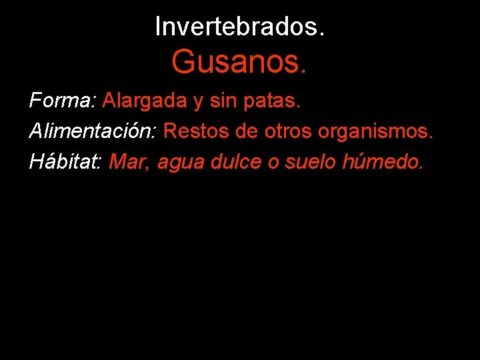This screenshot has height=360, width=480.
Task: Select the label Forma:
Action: pyautogui.click(x=63, y=101)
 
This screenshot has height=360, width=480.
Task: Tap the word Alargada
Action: pyautogui.click(x=145, y=101)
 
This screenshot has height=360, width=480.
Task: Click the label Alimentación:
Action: pyautogui.click(x=93, y=131)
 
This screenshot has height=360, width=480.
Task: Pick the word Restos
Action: pyautogui.click(x=197, y=131)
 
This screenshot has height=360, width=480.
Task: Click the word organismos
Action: pyautogui.click(x=375, y=132)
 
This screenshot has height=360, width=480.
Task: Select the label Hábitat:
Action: pyautogui.click(x=65, y=161)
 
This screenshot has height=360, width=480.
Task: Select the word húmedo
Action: pyautogui.click(x=381, y=161)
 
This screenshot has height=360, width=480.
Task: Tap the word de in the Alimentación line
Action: pyautogui.click(x=247, y=131)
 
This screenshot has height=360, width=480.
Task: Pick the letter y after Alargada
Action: pyautogui.click(x=199, y=103)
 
